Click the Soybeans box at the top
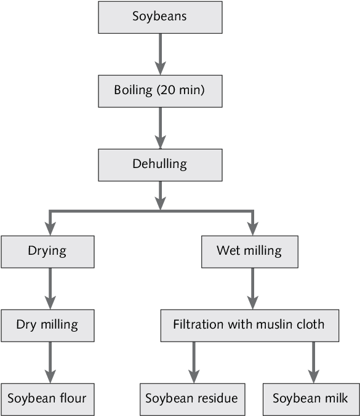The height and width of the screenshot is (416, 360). [x=160, y=17]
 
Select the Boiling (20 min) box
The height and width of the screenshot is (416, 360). [x=160, y=91]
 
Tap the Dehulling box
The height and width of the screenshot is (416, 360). [x=160, y=165]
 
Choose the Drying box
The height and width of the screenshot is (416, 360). [x=48, y=252]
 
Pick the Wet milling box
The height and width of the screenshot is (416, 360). [x=250, y=252]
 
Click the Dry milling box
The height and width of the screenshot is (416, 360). [x=48, y=326]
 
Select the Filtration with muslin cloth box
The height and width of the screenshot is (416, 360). [x=250, y=326]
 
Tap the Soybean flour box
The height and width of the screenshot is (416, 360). [x=48, y=399]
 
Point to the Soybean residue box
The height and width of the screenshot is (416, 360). [x=193, y=399]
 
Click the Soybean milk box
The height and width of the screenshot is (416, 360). [x=311, y=399]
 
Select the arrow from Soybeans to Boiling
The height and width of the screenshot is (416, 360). [x=160, y=54]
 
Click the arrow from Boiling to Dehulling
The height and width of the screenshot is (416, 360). [x=160, y=128]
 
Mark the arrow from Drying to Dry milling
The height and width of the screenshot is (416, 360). [x=50, y=289]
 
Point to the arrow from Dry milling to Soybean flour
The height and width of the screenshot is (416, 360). [x=50, y=362]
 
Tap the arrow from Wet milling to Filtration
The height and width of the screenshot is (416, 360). [x=252, y=289]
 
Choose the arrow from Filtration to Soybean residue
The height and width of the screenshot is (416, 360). [x=194, y=362]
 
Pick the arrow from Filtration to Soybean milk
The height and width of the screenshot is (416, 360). [x=314, y=362]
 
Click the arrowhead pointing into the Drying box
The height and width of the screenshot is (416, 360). [x=50, y=229]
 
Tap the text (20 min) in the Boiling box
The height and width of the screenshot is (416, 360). [x=181, y=90]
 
